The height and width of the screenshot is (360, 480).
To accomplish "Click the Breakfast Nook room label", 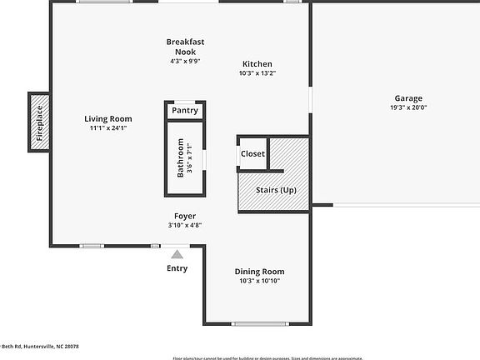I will (185, 47).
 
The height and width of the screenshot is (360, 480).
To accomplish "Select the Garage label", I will (407, 98).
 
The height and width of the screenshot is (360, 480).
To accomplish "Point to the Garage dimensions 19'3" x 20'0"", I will (407, 108).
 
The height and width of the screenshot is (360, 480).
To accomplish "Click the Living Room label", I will (108, 119).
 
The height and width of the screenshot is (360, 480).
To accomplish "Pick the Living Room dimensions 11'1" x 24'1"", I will (108, 128).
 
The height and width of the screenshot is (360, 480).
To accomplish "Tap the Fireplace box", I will (37, 122).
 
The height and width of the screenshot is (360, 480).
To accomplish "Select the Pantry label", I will (184, 111).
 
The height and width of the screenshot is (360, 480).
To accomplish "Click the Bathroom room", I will (184, 159).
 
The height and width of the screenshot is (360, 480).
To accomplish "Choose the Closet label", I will (252, 154).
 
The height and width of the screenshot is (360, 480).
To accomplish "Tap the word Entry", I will (177, 268).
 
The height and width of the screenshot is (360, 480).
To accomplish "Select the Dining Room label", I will (259, 272).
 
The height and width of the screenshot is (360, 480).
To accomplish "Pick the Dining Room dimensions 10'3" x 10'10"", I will (259, 282).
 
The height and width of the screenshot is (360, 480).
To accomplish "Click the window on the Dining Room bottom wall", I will (259, 323).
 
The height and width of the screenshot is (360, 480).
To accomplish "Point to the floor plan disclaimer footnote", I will (267, 357).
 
